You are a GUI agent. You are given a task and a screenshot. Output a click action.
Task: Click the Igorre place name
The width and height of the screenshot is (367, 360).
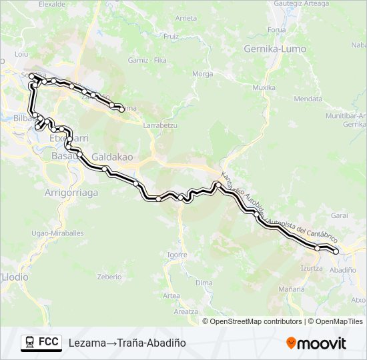tap(177, 255)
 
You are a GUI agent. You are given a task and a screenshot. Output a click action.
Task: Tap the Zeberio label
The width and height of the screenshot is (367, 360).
tap(109, 276)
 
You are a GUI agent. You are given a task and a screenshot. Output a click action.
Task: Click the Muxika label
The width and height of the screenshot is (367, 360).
tap(264, 87)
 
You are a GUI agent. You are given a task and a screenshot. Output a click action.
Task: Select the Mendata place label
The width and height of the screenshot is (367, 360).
tap(308, 98)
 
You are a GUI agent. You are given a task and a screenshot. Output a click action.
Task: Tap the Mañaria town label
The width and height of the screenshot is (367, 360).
tap(292, 289)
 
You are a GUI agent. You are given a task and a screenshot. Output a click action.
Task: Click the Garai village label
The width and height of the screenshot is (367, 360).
tap(340, 215)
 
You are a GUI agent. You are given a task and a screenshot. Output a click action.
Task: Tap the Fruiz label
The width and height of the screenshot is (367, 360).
tap(171, 36)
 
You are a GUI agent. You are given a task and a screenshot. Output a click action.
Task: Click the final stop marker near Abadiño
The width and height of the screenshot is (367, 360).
tap(336, 251)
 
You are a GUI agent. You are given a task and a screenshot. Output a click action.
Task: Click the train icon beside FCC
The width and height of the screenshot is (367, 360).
tap(29, 342)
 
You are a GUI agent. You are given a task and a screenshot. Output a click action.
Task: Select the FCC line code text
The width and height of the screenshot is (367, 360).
tap(49, 342)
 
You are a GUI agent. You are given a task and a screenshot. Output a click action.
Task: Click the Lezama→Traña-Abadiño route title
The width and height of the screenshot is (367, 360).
tap(127, 343)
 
